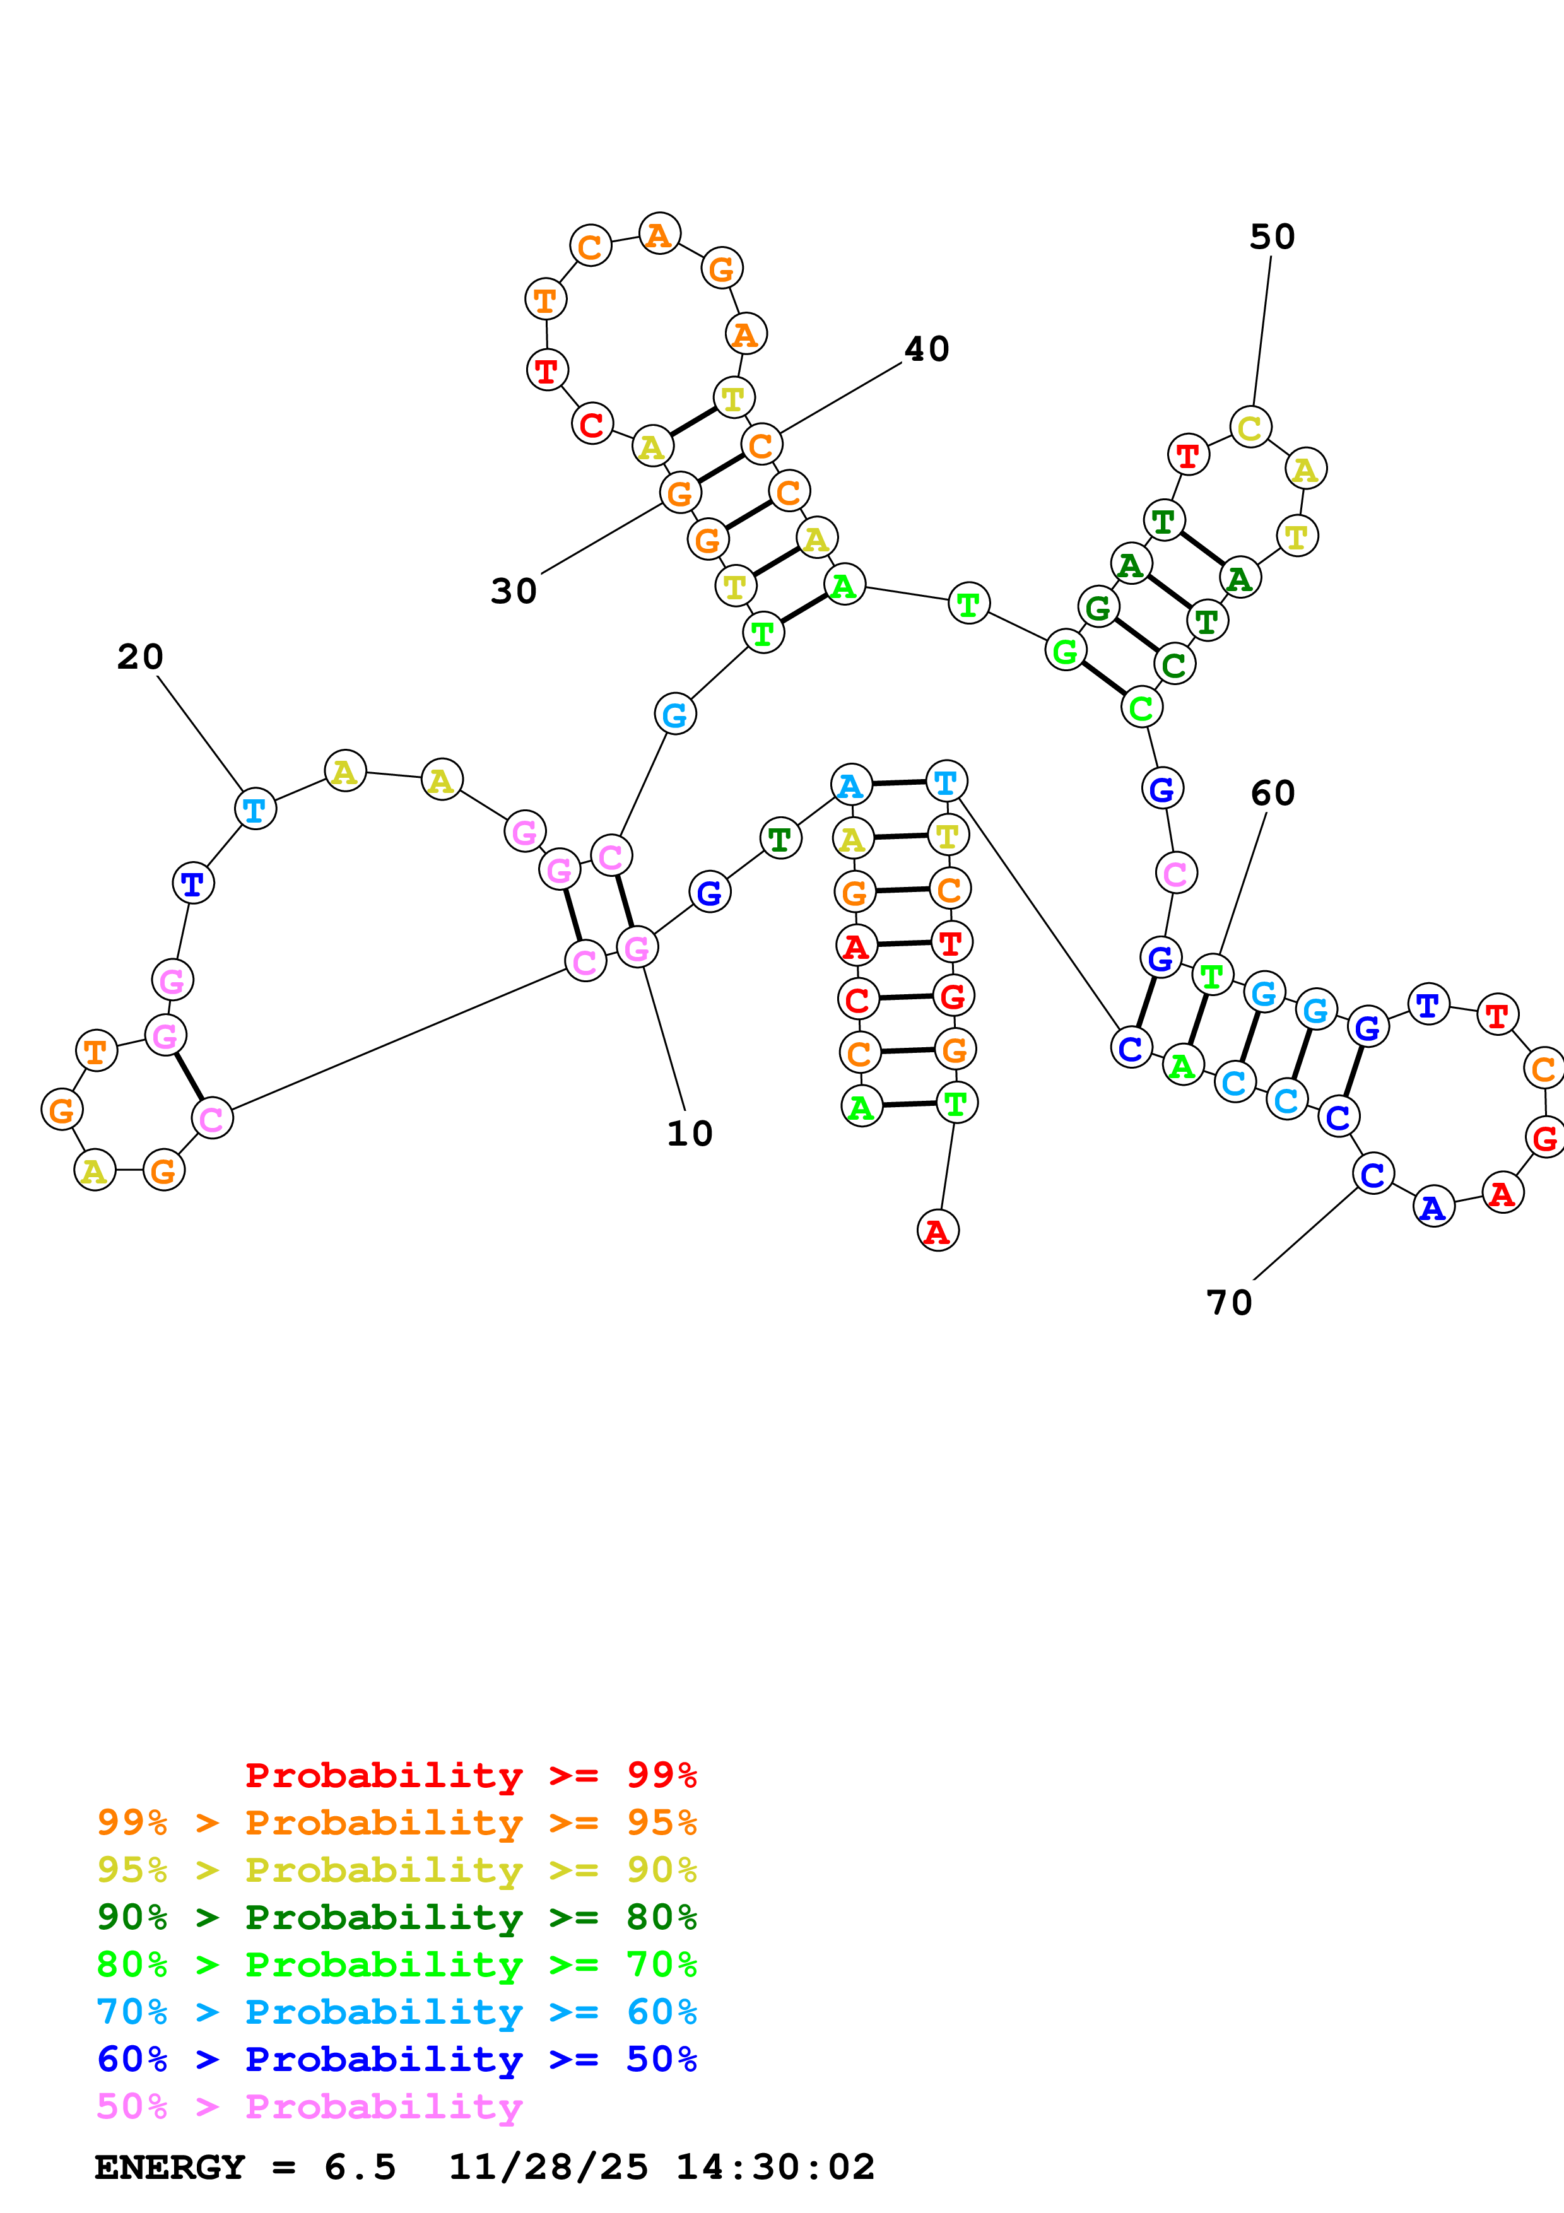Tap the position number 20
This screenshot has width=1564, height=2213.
[x=141, y=657]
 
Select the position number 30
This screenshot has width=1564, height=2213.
[x=514, y=592]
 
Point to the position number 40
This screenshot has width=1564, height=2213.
[x=927, y=349]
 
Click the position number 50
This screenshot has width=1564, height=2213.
[x=1272, y=237]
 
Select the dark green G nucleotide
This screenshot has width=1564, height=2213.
[x=1098, y=608]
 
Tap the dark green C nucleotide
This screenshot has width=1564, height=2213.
[x=1173, y=664]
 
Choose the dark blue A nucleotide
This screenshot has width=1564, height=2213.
[x=1433, y=1207]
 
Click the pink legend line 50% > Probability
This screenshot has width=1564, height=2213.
[x=309, y=2106]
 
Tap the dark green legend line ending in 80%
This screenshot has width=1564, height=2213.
[x=397, y=1917]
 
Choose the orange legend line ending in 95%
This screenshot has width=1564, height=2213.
[x=397, y=1823]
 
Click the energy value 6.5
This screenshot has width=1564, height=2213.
[x=360, y=2167]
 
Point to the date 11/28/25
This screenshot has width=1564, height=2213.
[x=548, y=2167]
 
